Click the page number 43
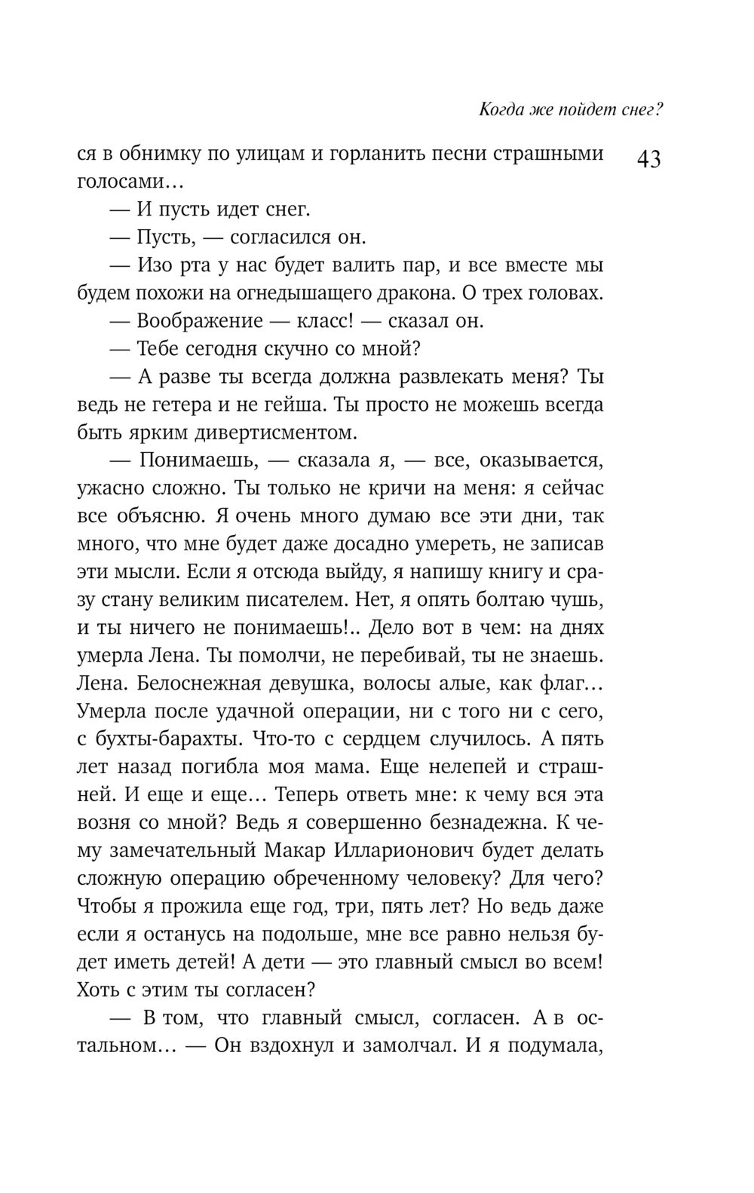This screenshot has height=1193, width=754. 648,161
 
